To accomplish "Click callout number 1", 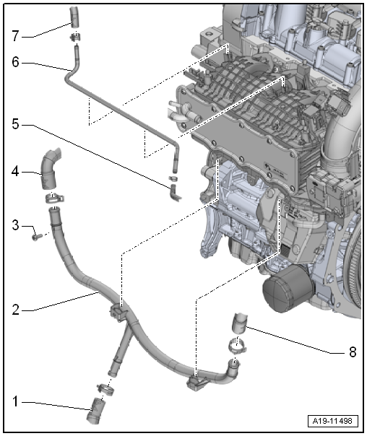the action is click(x=15, y=402).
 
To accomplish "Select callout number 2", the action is click(x=16, y=310).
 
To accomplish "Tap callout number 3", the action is click(x=16, y=225).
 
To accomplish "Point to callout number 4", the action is click(x=15, y=172).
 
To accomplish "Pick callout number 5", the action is click(x=16, y=124).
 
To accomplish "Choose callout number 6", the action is click(x=16, y=62).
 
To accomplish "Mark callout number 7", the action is click(x=16, y=36).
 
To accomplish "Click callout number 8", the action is click(x=353, y=352).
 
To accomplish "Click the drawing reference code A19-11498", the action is click(x=333, y=421).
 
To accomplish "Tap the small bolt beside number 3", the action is click(x=37, y=237).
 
